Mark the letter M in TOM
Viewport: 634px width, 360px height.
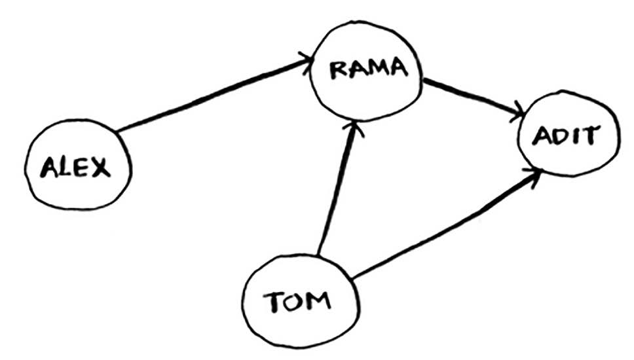point(318,302)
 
